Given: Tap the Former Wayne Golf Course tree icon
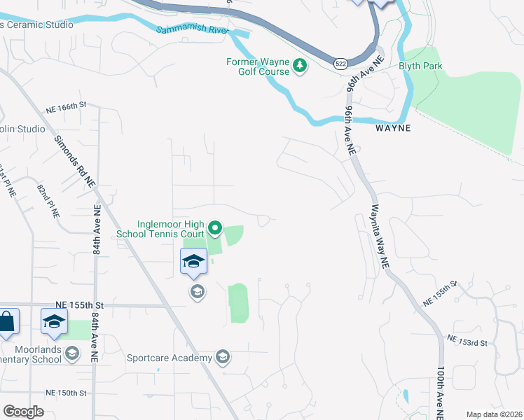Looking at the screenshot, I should click(300, 66).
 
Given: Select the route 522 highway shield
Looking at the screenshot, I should click(340, 64).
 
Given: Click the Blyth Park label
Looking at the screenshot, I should click(420, 66).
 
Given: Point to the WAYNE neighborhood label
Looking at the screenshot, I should click(392, 129).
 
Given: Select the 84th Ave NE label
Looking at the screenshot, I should click(97, 227).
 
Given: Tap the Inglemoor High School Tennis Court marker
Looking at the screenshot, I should click(215, 229).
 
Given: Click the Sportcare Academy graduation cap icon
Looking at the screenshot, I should click(223, 358).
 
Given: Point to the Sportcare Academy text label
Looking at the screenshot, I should click(169, 358).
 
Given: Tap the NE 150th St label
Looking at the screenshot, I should click(64, 393).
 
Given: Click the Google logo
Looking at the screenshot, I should click(23, 412).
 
